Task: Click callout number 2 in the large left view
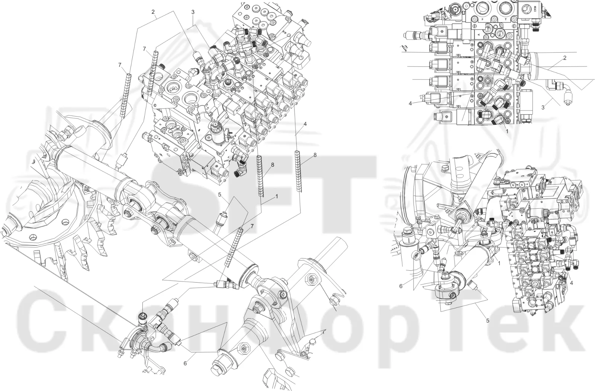coord(153,12)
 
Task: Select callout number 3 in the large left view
coord(193,12)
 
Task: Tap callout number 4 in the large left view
coord(305,124)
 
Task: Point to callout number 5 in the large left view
coord(220,195)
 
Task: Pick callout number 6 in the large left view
coord(185,363)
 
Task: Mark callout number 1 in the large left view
coord(277,196)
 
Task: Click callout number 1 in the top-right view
coord(507,131)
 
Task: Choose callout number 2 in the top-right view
coord(565,58)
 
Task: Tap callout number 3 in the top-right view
coord(543,107)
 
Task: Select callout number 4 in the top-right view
coord(410,104)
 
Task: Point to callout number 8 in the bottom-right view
coord(537,196)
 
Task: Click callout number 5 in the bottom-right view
coord(488,320)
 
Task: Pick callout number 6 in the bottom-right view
coord(401,286)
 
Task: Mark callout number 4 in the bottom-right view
coord(571,283)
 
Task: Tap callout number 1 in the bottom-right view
coord(499,263)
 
